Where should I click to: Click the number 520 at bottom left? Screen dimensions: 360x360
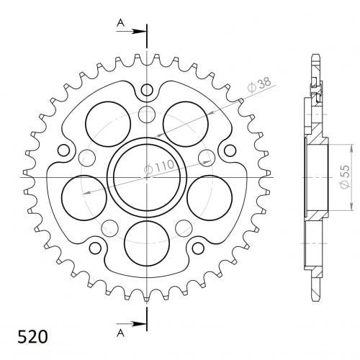32,337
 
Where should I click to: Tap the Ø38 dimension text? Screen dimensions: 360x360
259,84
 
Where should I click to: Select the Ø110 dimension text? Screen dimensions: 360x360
159,166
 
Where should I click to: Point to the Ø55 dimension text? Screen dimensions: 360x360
345,176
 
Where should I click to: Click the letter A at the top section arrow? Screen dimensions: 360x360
120,23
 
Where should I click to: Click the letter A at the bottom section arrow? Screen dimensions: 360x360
120,333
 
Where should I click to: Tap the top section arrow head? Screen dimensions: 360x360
139,31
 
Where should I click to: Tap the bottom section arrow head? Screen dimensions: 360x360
139,324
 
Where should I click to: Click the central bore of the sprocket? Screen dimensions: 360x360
147,177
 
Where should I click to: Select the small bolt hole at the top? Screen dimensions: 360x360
147,90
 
